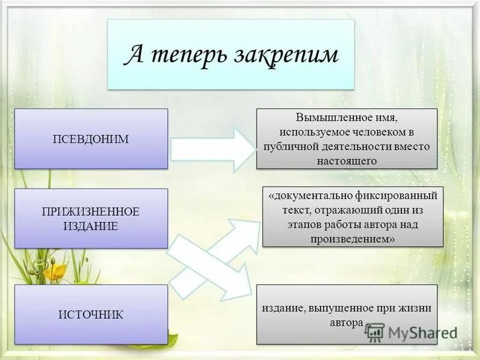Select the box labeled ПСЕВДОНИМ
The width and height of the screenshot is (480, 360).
point(91,139)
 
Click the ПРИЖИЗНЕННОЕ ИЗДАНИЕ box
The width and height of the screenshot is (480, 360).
point(91,218)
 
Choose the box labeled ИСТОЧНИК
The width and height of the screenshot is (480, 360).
point(91,314)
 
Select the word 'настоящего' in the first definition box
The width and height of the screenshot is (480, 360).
point(347,160)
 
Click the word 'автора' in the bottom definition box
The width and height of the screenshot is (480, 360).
point(346,322)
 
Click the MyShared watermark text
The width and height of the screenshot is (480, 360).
point(422,332)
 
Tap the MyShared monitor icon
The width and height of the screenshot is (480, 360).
point(374,331)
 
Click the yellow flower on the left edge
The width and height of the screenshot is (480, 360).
point(55,272)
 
